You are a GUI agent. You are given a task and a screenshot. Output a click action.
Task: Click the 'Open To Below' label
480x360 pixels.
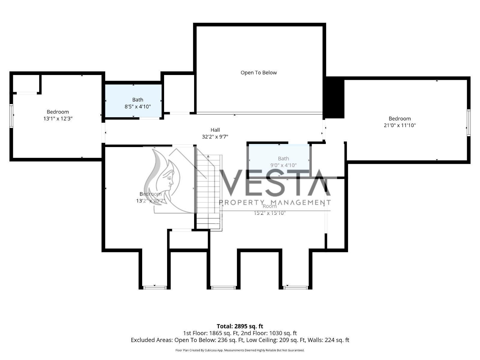point(259,73)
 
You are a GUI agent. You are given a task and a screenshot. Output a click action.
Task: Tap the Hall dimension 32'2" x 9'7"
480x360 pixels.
point(215,137)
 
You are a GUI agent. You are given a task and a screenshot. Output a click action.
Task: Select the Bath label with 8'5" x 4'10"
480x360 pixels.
point(137,100)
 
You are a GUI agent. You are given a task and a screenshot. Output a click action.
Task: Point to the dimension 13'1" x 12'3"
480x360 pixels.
point(58,119)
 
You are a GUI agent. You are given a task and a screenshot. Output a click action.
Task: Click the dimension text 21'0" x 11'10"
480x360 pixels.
point(400,125)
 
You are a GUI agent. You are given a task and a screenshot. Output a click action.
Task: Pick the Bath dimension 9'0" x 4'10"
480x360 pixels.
point(283,165)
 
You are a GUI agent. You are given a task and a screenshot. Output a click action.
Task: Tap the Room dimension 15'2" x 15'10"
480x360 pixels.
point(270,213)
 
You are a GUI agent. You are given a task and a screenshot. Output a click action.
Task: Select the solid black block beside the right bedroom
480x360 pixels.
point(335,97)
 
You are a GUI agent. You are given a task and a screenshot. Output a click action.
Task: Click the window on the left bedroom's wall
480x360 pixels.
point(11,116)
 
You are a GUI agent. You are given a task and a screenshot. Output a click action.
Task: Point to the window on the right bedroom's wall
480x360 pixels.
point(468,123)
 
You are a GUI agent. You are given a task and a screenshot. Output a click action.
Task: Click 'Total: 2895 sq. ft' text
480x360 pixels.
point(240,326)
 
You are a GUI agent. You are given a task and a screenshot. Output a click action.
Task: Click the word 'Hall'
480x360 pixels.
point(215,130)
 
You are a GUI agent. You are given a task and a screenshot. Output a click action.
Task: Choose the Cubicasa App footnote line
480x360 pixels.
point(240,350)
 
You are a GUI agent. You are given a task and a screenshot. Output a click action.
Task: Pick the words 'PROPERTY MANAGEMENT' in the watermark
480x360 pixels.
point(275,202)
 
